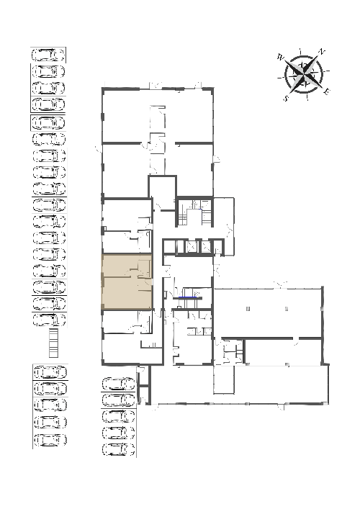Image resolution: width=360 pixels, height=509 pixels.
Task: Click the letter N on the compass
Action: [321, 52]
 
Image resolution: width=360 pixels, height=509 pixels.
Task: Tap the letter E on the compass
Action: [327, 91]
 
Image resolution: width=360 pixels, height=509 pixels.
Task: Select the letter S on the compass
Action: [286, 98]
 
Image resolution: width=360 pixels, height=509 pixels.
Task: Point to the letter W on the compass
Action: [281, 58]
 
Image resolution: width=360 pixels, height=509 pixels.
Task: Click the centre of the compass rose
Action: [304, 75]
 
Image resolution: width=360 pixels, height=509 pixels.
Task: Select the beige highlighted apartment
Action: [127, 281]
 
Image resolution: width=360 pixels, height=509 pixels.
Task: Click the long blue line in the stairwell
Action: [187, 297]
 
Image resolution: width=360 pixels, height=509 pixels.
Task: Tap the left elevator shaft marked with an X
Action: [192, 246]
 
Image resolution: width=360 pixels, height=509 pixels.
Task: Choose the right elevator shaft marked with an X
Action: [206, 246]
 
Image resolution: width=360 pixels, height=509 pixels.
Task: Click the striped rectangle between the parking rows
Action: [53, 343]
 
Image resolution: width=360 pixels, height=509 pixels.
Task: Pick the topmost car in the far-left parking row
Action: [48, 55]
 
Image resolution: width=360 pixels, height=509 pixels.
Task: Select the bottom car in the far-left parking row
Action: [50, 440]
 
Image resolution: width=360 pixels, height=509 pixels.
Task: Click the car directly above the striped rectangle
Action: [50, 320]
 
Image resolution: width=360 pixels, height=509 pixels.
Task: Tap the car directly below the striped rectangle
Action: [50, 372]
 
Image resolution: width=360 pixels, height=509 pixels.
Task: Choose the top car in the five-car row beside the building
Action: [119, 384]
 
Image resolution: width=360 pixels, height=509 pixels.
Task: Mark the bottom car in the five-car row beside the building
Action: [119, 449]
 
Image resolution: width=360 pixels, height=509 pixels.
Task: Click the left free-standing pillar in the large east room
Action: [248, 309]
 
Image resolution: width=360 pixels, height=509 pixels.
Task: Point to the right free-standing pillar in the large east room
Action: [287, 309]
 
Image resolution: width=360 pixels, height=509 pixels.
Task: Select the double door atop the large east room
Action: [280, 285]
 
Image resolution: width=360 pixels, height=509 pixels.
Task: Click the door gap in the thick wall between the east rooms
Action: [296, 338]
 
